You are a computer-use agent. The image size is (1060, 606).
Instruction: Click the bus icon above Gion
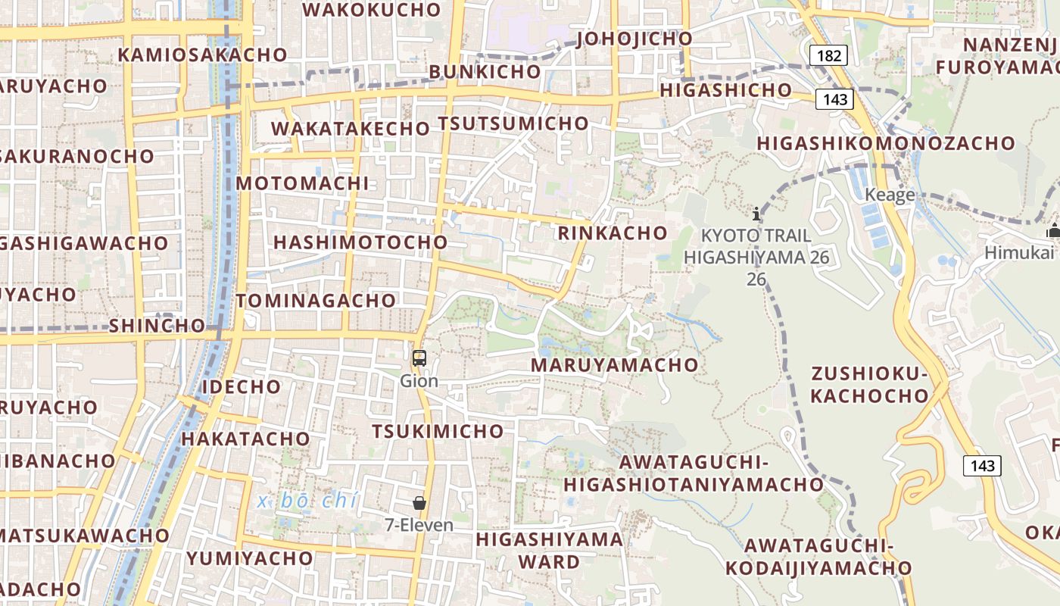[x=419, y=358]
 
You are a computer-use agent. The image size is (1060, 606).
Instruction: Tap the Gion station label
[x=419, y=380]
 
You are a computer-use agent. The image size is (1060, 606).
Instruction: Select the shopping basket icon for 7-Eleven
[x=419, y=503]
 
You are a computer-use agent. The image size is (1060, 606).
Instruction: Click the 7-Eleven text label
[x=419, y=525]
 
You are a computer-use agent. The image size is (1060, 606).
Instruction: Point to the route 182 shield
[x=828, y=55]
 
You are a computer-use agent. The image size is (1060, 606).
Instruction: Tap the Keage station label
[x=890, y=195]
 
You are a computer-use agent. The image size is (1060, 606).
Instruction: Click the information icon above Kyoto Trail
[x=756, y=214]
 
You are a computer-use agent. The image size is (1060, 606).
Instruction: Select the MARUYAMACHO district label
[x=614, y=365]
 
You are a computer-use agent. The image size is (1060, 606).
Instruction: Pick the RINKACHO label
[x=613, y=233]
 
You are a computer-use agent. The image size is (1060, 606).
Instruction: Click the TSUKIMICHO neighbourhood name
[x=438, y=432]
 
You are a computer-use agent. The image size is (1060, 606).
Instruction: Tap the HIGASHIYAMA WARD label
[x=550, y=551]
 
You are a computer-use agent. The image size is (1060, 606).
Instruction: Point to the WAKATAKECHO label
[x=351, y=129]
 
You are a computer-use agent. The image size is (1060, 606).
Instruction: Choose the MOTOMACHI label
[x=303, y=183]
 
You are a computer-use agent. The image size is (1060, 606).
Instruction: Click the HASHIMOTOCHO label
[x=360, y=242]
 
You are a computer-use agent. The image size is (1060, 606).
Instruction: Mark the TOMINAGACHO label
[x=316, y=301]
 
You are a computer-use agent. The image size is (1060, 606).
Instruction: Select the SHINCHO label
[x=157, y=326]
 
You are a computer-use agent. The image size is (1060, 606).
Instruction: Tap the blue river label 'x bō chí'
[x=307, y=501]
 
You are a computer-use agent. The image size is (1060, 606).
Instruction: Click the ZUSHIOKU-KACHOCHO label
[x=869, y=385]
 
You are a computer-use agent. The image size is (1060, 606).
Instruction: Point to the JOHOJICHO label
[x=634, y=39]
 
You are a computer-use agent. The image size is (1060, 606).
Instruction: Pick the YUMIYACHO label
[x=250, y=559]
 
